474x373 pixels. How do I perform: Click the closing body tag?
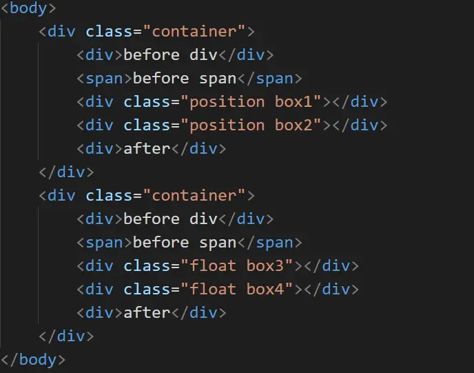(x=34, y=359)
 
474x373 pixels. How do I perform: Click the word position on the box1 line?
(x=227, y=102)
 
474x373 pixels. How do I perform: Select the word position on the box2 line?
(x=227, y=125)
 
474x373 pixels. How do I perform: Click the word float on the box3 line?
(x=213, y=266)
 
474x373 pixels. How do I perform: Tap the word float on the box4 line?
(x=213, y=290)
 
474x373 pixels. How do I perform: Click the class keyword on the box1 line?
(x=147, y=102)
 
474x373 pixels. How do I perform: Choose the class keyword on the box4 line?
(x=147, y=290)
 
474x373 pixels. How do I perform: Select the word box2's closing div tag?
(x=360, y=125)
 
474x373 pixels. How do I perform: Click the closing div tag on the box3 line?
(x=331, y=266)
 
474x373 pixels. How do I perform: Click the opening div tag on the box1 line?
(x=96, y=102)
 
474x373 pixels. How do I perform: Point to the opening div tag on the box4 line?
(x=96, y=290)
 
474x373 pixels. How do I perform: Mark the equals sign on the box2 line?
(x=175, y=125)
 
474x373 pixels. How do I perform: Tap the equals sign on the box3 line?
(x=175, y=266)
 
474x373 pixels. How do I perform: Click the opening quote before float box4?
(x=185, y=290)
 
